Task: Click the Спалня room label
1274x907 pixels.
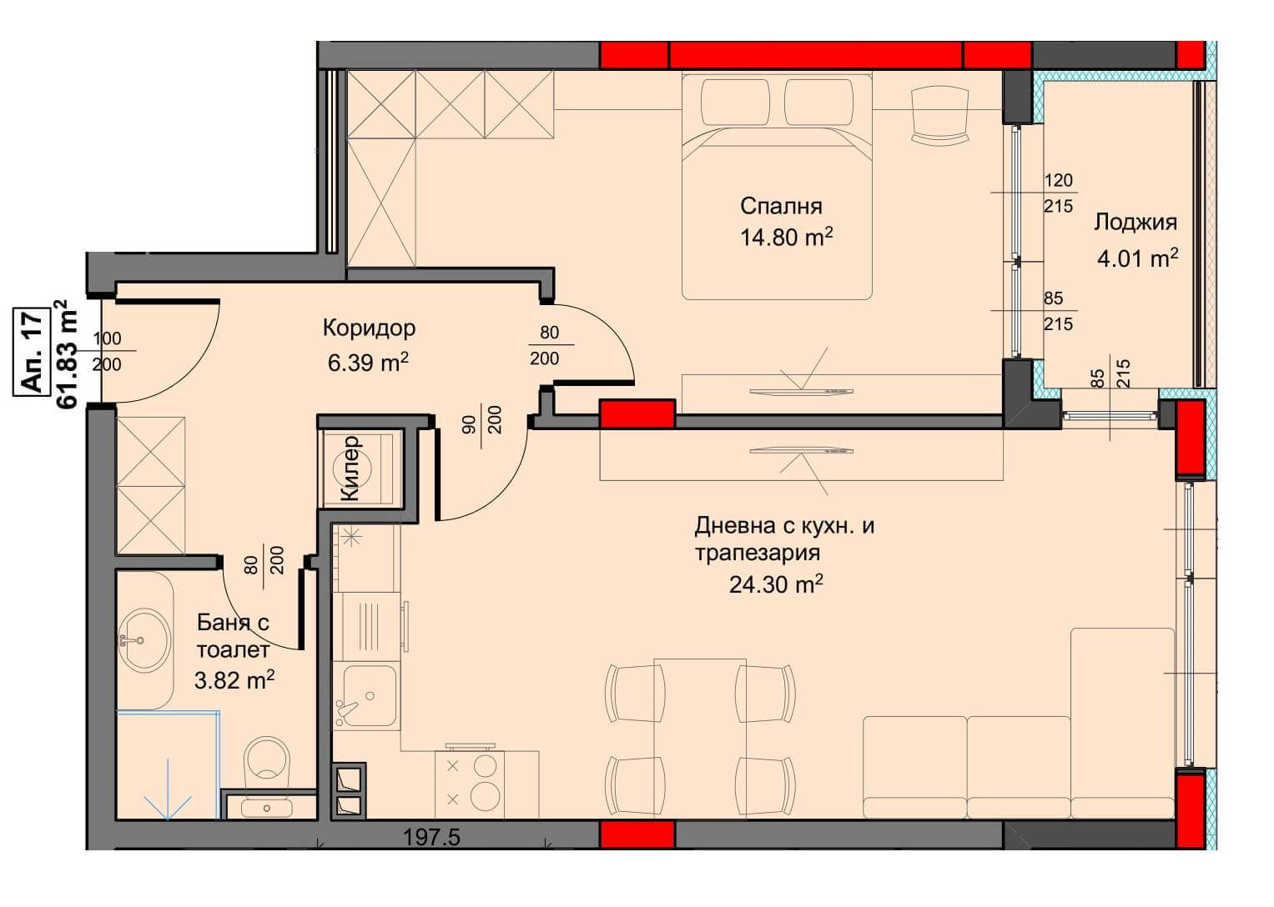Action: (781, 206)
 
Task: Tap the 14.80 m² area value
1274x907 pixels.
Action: (786, 237)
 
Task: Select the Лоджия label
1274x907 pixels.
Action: (1136, 223)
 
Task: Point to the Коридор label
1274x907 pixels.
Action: (369, 328)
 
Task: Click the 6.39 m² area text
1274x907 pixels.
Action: (368, 362)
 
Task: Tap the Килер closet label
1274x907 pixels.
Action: (350, 469)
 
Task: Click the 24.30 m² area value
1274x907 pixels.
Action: (776, 584)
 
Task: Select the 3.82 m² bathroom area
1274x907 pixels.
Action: (234, 679)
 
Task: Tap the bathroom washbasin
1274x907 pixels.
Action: (144, 639)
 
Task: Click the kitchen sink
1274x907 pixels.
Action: (368, 695)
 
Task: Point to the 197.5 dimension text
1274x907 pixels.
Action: (431, 837)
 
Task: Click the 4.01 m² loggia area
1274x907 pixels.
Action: (1137, 258)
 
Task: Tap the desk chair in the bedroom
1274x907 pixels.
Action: (939, 113)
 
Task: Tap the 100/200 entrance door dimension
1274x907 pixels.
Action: (107, 351)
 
